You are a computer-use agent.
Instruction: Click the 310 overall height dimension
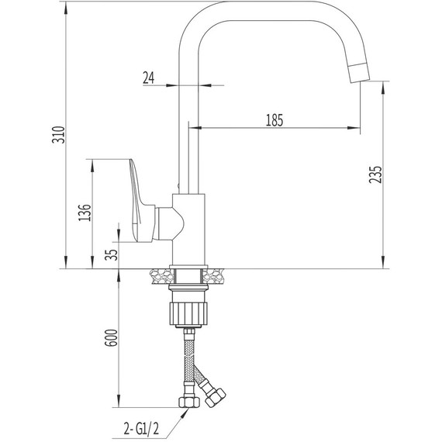click(x=59, y=135)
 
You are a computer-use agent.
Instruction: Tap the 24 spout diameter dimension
click(x=149, y=78)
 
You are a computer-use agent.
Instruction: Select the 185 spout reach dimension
click(x=275, y=120)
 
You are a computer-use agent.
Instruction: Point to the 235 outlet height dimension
click(x=375, y=174)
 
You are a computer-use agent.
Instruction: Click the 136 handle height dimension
click(x=85, y=212)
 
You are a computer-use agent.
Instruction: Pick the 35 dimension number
click(x=111, y=254)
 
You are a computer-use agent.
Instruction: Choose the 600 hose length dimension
click(x=111, y=337)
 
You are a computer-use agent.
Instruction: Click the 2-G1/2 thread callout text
click(x=141, y=429)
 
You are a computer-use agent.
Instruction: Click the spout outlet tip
click(x=359, y=73)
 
